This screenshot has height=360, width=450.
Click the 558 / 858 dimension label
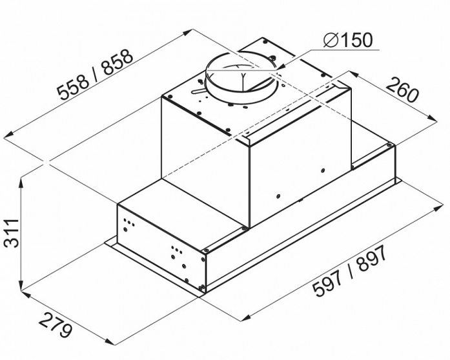pyautogui.click(x=95, y=75)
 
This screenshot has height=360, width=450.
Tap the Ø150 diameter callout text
pyautogui.click(x=347, y=40)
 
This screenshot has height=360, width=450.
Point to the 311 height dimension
pyautogui.click(x=12, y=233)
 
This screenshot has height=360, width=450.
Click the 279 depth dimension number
pyautogui.click(x=54, y=326)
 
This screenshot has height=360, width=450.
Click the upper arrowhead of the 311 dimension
pyautogui.click(x=21, y=183)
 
